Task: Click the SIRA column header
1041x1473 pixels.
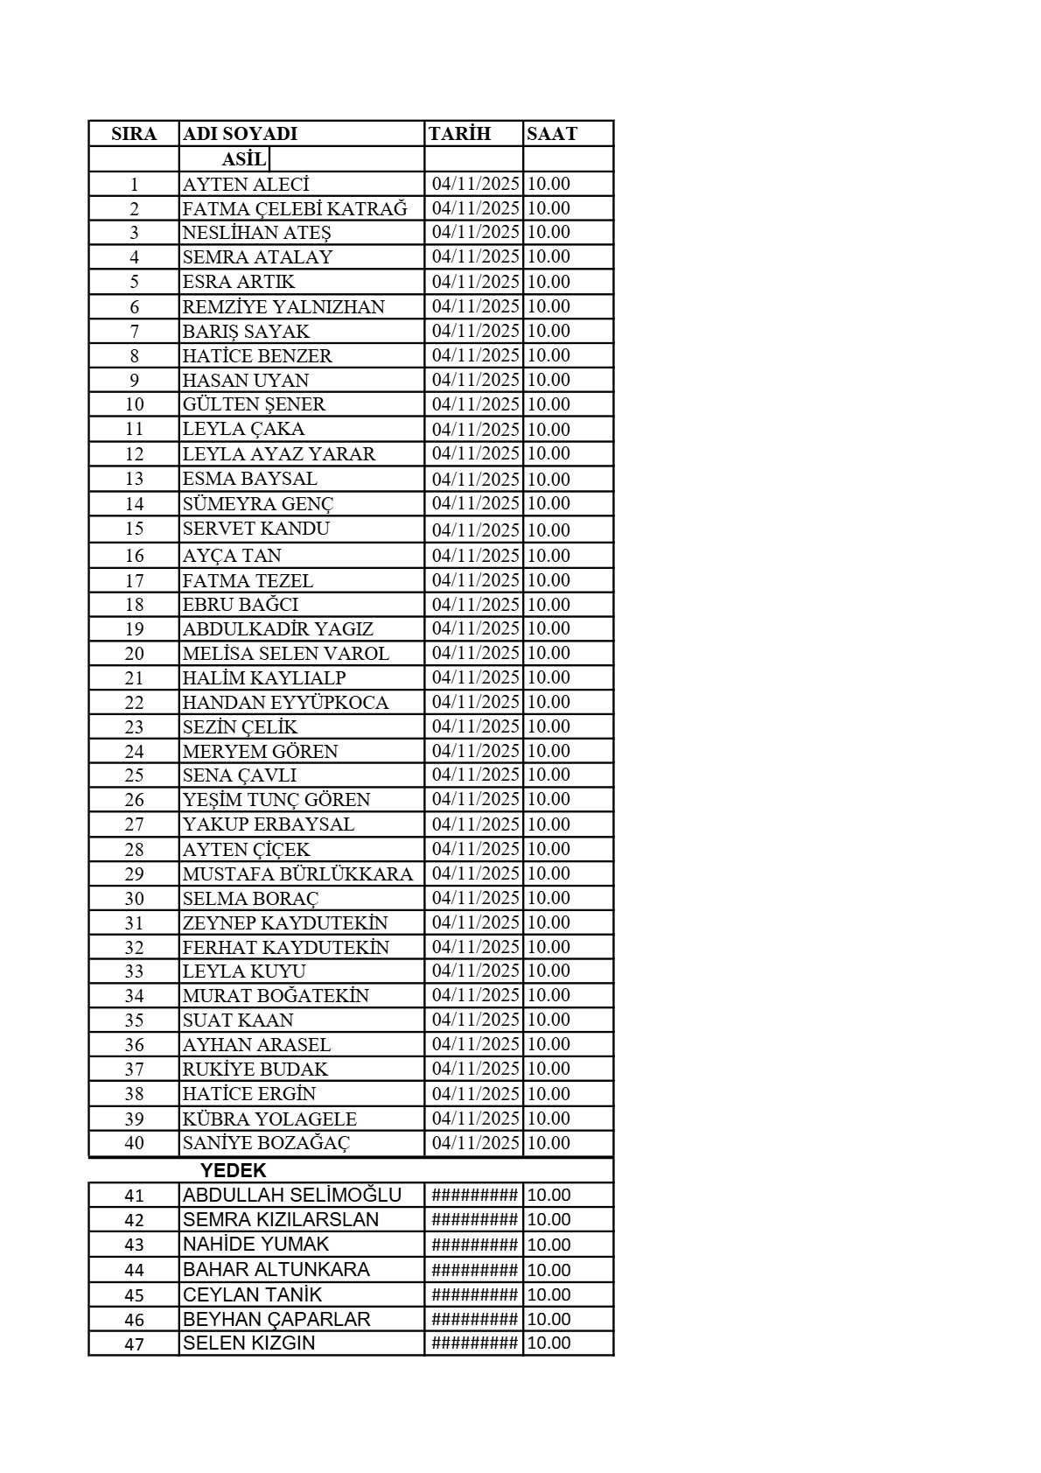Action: point(134,134)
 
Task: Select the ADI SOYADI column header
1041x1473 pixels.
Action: point(240,134)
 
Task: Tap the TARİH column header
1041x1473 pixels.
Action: point(460,134)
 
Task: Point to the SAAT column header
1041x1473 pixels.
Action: point(552,134)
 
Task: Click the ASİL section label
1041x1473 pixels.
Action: point(244,159)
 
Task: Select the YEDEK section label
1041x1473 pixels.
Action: point(234,1170)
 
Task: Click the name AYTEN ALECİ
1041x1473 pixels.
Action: point(246,185)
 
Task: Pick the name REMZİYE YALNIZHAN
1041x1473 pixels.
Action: point(283,307)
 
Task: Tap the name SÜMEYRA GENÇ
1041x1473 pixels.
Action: point(258,504)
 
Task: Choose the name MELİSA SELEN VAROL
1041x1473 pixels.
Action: point(286,654)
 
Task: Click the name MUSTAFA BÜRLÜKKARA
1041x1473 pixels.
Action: point(297,874)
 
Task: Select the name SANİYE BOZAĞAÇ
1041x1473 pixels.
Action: point(266,1143)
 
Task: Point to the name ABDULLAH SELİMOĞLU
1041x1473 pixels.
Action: point(292,1196)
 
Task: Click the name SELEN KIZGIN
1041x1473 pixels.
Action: point(248,1343)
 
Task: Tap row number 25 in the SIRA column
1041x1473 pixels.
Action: point(134,775)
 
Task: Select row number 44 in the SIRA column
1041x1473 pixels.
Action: point(134,1270)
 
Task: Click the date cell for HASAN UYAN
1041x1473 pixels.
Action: point(476,380)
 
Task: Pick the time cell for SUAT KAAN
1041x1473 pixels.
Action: point(548,1020)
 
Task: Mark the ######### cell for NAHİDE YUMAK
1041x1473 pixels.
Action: point(475,1245)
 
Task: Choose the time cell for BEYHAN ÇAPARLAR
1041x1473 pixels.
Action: point(548,1319)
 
